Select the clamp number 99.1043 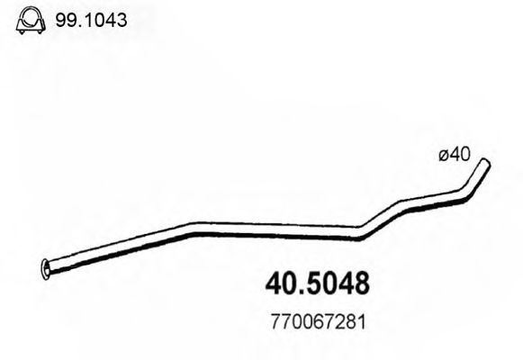click(92, 18)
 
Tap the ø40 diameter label click(455, 156)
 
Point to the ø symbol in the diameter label click(444, 157)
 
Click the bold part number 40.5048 click(319, 283)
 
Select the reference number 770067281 click(318, 321)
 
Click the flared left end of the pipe click(47, 266)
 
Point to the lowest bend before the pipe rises click(360, 235)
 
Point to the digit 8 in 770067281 click(350, 321)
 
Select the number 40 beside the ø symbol click(460, 156)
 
